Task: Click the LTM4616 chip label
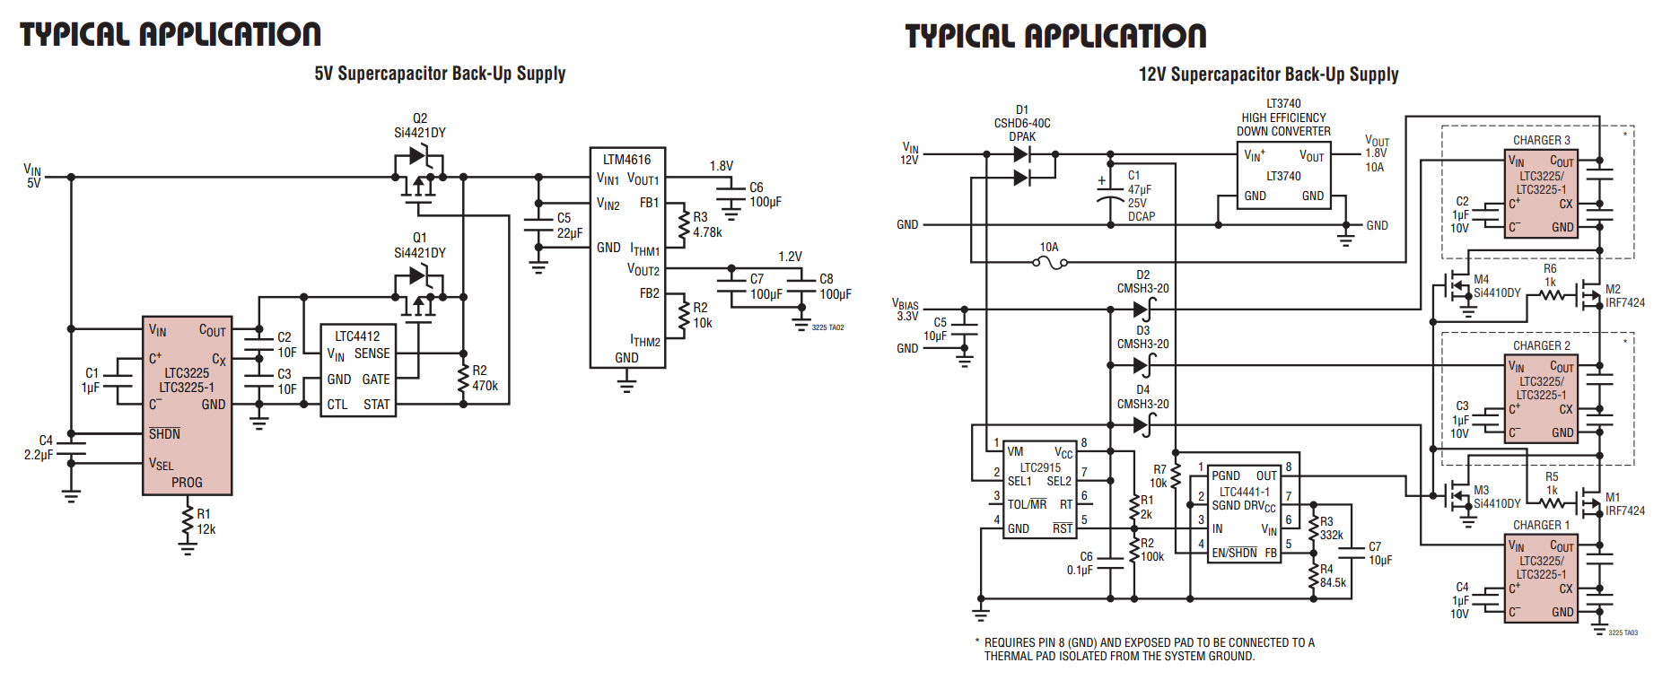[x=626, y=160]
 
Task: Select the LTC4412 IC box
[x=358, y=370]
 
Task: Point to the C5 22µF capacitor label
[x=569, y=225]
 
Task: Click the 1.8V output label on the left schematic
[x=721, y=166]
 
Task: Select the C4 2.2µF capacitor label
[x=39, y=448]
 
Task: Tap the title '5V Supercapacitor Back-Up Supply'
[x=440, y=74]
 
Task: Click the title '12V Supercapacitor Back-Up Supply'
[x=1268, y=74]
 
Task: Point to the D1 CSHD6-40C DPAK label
[x=1021, y=123]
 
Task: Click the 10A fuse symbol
[x=1049, y=262]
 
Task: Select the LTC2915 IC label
[x=1039, y=467]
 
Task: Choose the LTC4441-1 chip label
[x=1244, y=492]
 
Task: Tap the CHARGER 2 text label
[x=1541, y=345]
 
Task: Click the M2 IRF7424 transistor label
[x=1623, y=296]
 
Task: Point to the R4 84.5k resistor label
[x=1332, y=576]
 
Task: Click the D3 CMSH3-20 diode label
[x=1142, y=337]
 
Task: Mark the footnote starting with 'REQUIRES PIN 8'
[x=1148, y=649]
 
